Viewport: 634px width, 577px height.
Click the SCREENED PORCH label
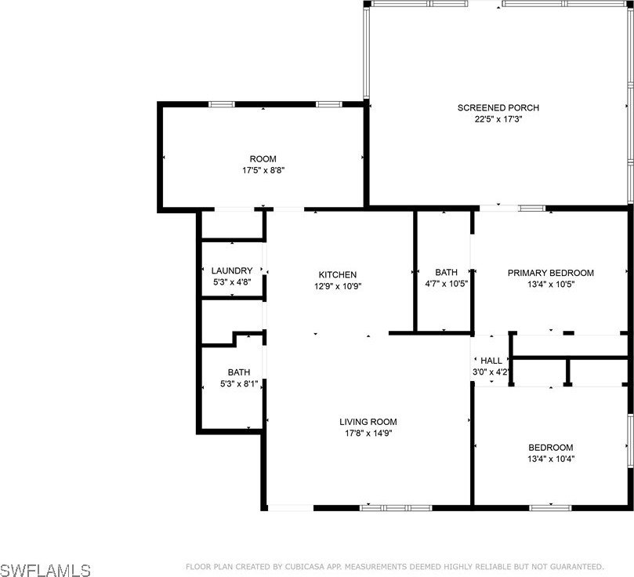[498, 107]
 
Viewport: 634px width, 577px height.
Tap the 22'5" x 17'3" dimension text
[498, 119]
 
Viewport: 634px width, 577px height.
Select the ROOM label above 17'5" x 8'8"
[263, 159]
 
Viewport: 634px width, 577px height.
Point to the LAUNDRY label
[232, 270]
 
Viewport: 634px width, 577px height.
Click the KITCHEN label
[338, 274]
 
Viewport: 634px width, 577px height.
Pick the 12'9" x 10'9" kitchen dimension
[338, 286]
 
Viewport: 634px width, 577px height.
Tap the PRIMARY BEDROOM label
[551, 273]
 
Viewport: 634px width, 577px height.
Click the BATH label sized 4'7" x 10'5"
[447, 272]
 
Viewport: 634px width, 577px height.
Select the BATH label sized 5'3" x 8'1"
[239, 372]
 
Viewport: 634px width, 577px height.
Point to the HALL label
[491, 361]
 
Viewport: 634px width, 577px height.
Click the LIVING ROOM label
[368, 422]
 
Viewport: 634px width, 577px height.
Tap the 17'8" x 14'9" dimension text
[368, 434]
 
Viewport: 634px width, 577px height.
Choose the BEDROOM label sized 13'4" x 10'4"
[551, 448]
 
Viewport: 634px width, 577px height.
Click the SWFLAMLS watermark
[45, 570]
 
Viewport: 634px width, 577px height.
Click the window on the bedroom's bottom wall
[550, 508]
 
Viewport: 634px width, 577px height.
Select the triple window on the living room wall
[396, 508]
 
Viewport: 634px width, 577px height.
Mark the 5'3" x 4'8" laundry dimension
[232, 281]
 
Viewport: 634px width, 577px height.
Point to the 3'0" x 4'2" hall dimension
[491, 372]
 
